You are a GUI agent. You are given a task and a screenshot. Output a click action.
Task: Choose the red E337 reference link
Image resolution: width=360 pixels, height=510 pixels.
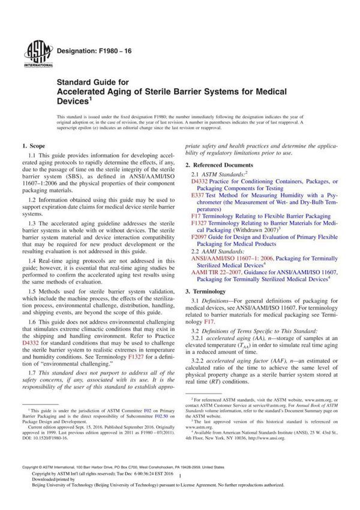(198, 196)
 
